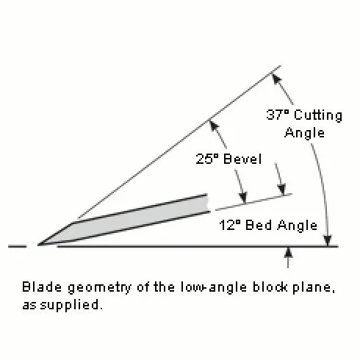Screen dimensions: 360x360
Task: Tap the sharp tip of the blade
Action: (38, 245)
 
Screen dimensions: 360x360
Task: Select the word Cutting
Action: (318, 115)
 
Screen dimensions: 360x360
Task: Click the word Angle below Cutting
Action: (304, 133)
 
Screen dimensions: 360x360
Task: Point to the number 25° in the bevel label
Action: (206, 159)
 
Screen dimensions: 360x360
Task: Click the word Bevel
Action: (242, 159)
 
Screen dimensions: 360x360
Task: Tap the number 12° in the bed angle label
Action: (230, 225)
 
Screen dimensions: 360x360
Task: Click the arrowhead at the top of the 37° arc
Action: (277, 79)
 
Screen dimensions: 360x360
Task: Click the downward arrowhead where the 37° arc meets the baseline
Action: (328, 240)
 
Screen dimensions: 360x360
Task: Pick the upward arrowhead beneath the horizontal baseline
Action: (289, 252)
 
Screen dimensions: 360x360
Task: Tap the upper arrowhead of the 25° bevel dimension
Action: (215, 126)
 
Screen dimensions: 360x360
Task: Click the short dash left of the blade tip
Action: (17, 246)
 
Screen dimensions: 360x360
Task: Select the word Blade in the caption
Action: (42, 287)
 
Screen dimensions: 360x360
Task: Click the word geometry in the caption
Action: (99, 287)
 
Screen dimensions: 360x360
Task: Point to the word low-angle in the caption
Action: (214, 287)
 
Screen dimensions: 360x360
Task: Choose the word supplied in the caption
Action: (71, 306)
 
